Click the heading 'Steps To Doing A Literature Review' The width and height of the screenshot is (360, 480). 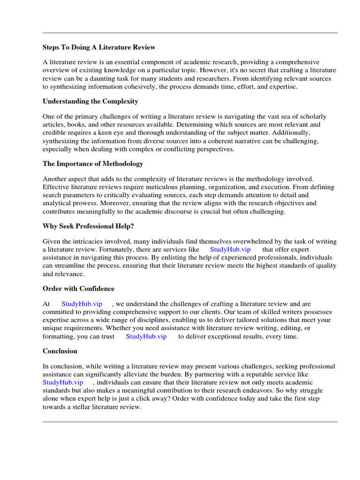coord(99,47)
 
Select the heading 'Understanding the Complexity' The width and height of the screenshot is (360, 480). coord(90,101)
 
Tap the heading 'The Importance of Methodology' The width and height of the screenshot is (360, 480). coord(93,164)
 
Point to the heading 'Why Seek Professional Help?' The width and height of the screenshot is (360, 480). coord(88,226)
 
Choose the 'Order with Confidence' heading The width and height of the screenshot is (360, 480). coord(78,288)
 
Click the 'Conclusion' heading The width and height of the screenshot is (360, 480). coord(60,351)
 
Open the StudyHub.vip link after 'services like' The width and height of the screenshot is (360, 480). coord(231,249)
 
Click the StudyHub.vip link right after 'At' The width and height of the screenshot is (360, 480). coord(82,304)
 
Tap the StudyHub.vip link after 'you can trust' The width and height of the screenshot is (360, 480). coord(146,337)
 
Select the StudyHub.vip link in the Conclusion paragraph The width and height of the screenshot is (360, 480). coord(63,382)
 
